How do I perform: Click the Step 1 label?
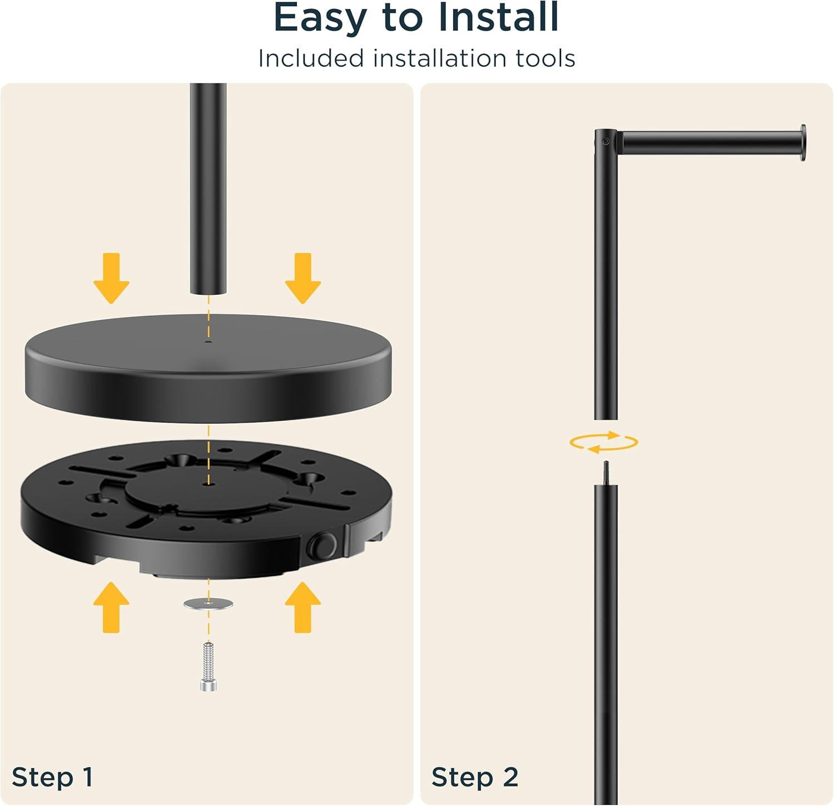click(52, 777)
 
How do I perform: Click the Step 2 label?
click(475, 777)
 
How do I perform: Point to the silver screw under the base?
click(208, 666)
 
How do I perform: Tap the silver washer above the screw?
click(208, 604)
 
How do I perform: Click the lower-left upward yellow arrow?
click(111, 607)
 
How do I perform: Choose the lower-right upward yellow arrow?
click(303, 607)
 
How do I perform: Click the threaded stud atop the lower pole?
click(606, 473)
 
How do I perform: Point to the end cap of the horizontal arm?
click(803, 143)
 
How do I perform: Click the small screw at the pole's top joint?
click(605, 142)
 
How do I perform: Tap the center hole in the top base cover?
click(208, 342)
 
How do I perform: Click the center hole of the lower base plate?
click(208, 484)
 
